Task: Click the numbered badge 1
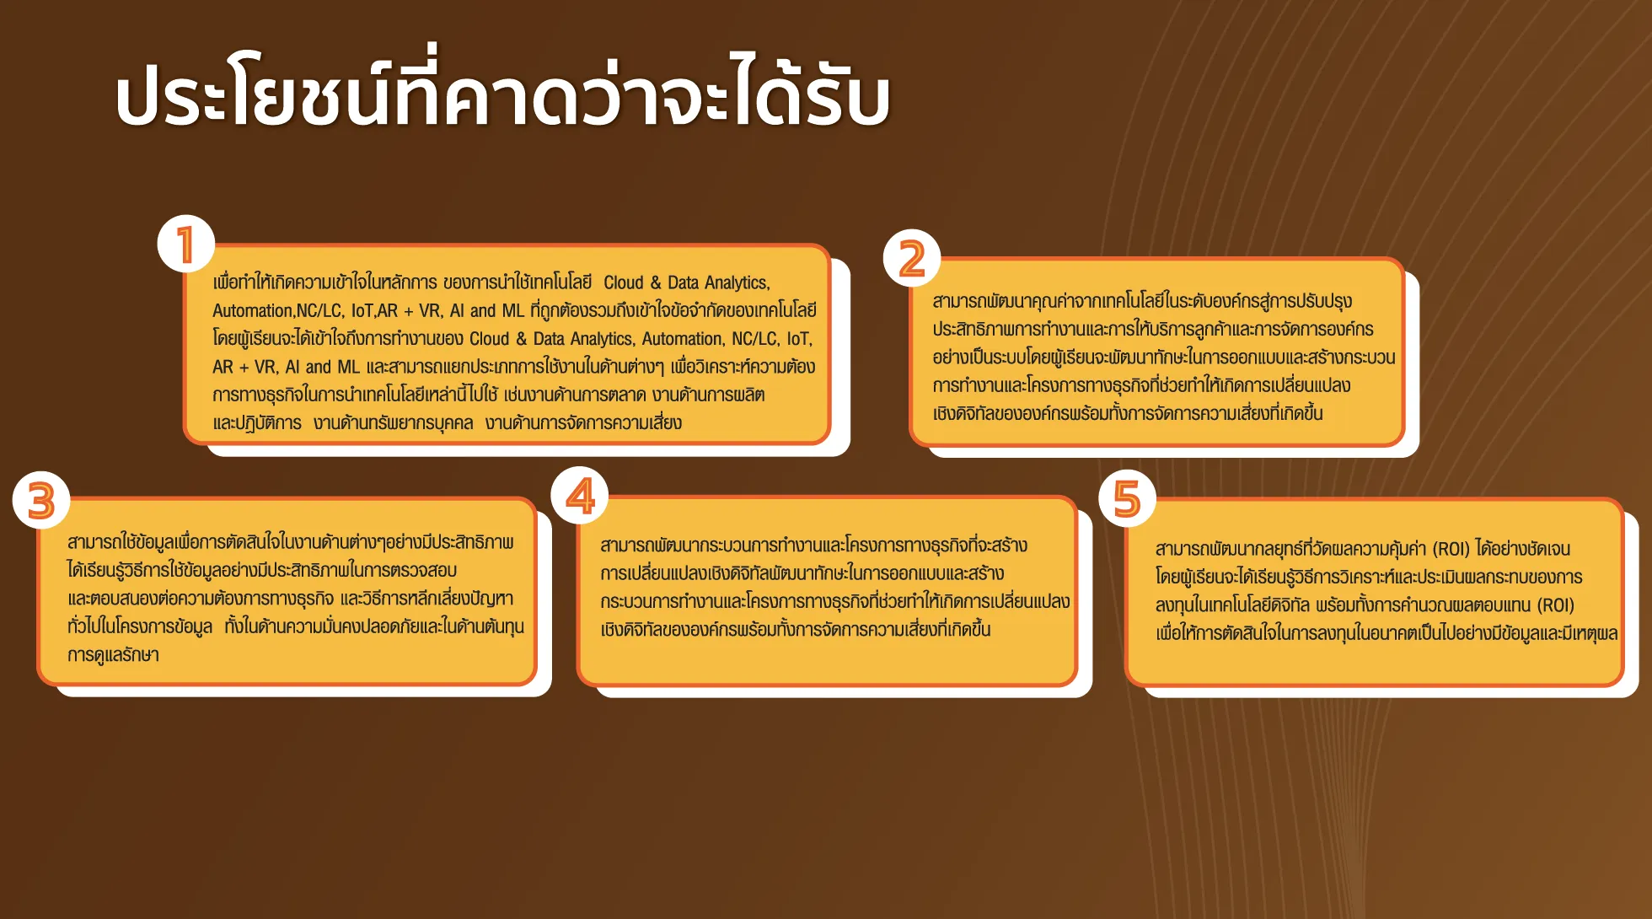coord(186,245)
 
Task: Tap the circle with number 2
coord(912,258)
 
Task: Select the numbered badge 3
coord(41,500)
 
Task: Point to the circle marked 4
coord(580,496)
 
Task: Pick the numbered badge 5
coord(1128,498)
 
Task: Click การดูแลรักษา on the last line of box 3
coord(113,654)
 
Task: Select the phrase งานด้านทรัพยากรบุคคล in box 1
coord(394,422)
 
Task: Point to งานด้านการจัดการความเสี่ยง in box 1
coord(583,422)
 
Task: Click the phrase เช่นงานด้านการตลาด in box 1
coord(575,395)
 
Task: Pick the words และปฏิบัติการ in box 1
coord(257,423)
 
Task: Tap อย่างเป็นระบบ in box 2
coord(979,357)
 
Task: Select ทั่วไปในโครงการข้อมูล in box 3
coord(140,626)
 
